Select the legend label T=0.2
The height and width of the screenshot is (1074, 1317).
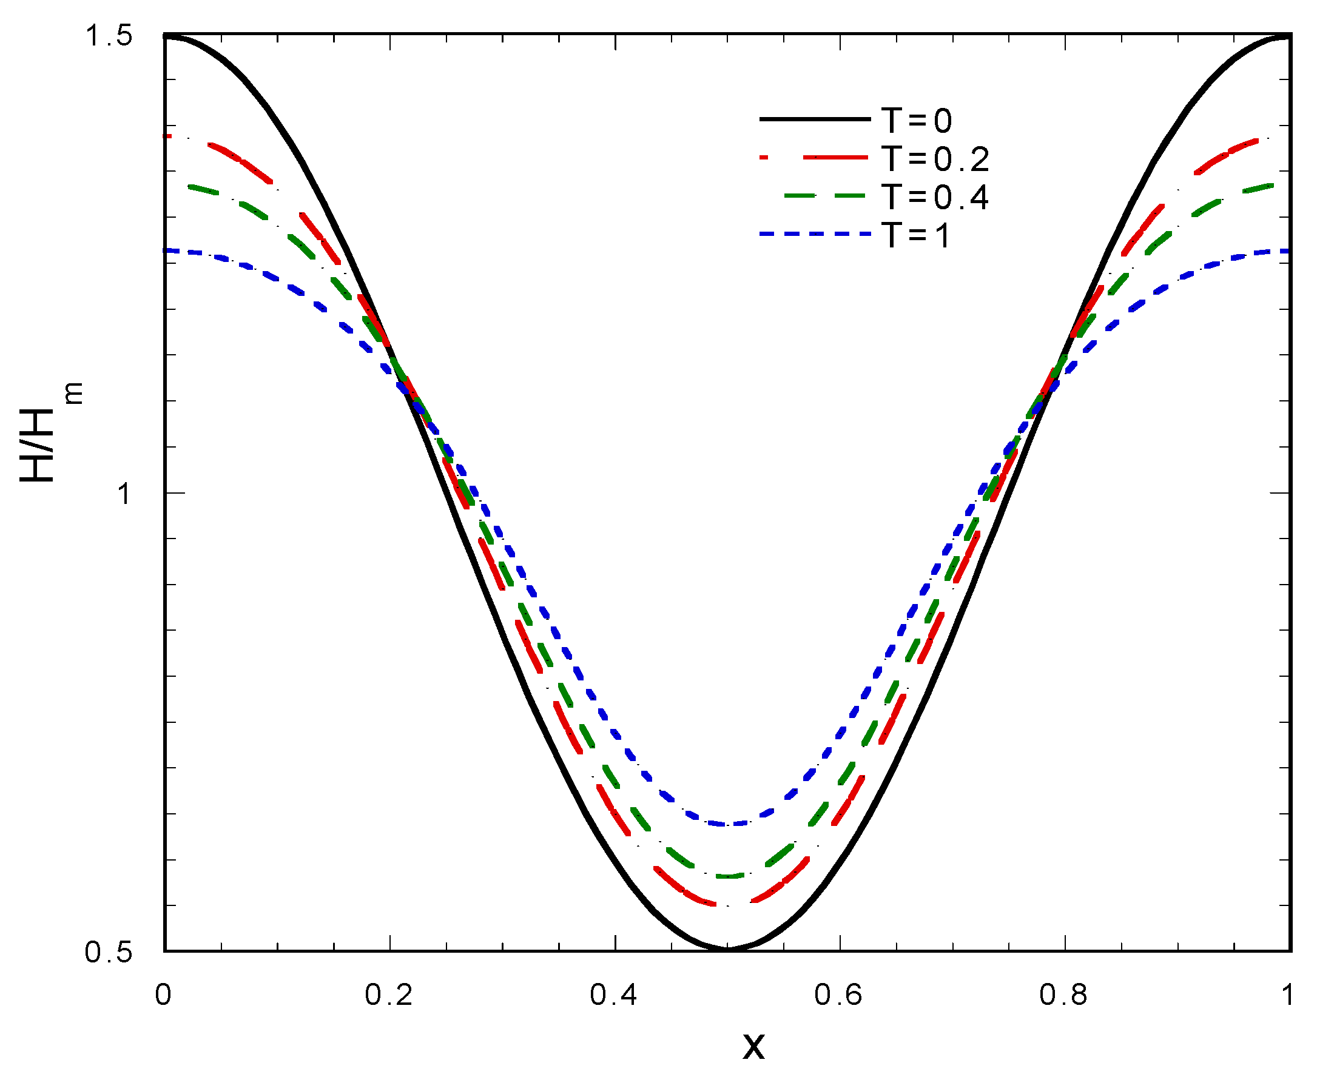pos(935,159)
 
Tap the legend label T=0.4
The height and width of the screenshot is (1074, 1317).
pos(935,197)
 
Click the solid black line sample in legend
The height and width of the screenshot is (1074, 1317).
pos(815,119)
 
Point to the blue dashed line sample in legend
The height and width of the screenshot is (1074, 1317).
pos(815,234)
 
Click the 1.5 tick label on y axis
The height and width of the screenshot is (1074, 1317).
pos(109,36)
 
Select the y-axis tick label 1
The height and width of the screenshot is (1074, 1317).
pos(124,494)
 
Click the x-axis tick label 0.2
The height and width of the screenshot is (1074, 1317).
pos(389,995)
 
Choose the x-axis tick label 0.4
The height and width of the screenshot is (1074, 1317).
pos(614,995)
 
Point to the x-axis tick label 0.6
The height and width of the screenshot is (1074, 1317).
pos(838,995)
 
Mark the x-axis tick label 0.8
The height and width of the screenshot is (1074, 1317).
pos(1064,995)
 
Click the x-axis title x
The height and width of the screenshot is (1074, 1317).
pos(753,1047)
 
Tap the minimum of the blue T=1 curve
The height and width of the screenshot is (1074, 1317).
pos(727,824)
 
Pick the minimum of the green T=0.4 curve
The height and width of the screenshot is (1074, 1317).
pos(727,876)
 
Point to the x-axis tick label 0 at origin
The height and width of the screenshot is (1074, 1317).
pos(163,995)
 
